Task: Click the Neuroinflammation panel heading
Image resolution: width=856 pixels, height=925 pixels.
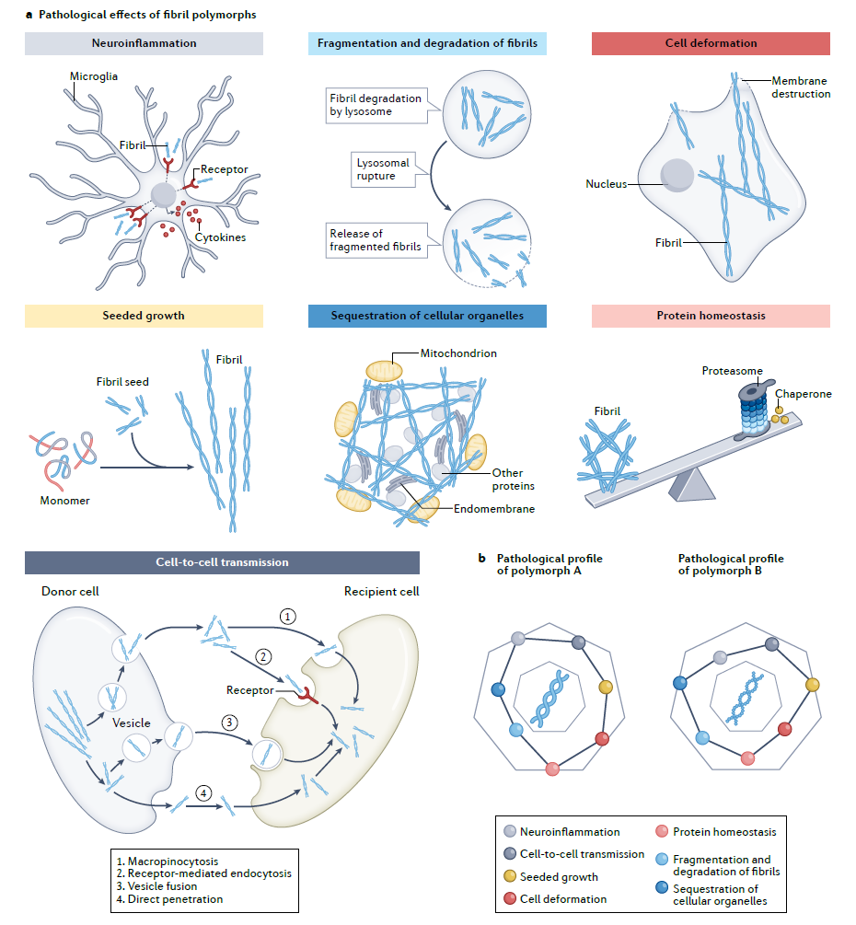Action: coord(144,43)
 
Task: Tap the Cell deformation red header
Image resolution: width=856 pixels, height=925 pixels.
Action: coord(711,43)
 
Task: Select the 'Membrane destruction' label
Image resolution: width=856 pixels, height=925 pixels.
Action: coord(801,87)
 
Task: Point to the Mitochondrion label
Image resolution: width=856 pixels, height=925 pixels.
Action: coord(459,353)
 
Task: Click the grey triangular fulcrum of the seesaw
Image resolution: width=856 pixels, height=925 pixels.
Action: coord(687,483)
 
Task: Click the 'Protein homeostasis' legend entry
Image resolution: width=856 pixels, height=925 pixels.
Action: coord(724,832)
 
